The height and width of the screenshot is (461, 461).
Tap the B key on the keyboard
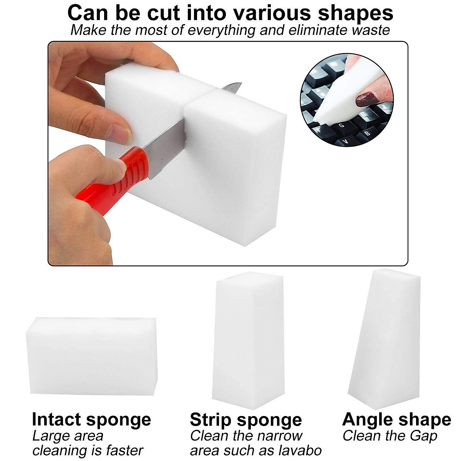pos(367,133)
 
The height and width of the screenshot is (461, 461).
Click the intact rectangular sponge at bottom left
pos(91,356)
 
